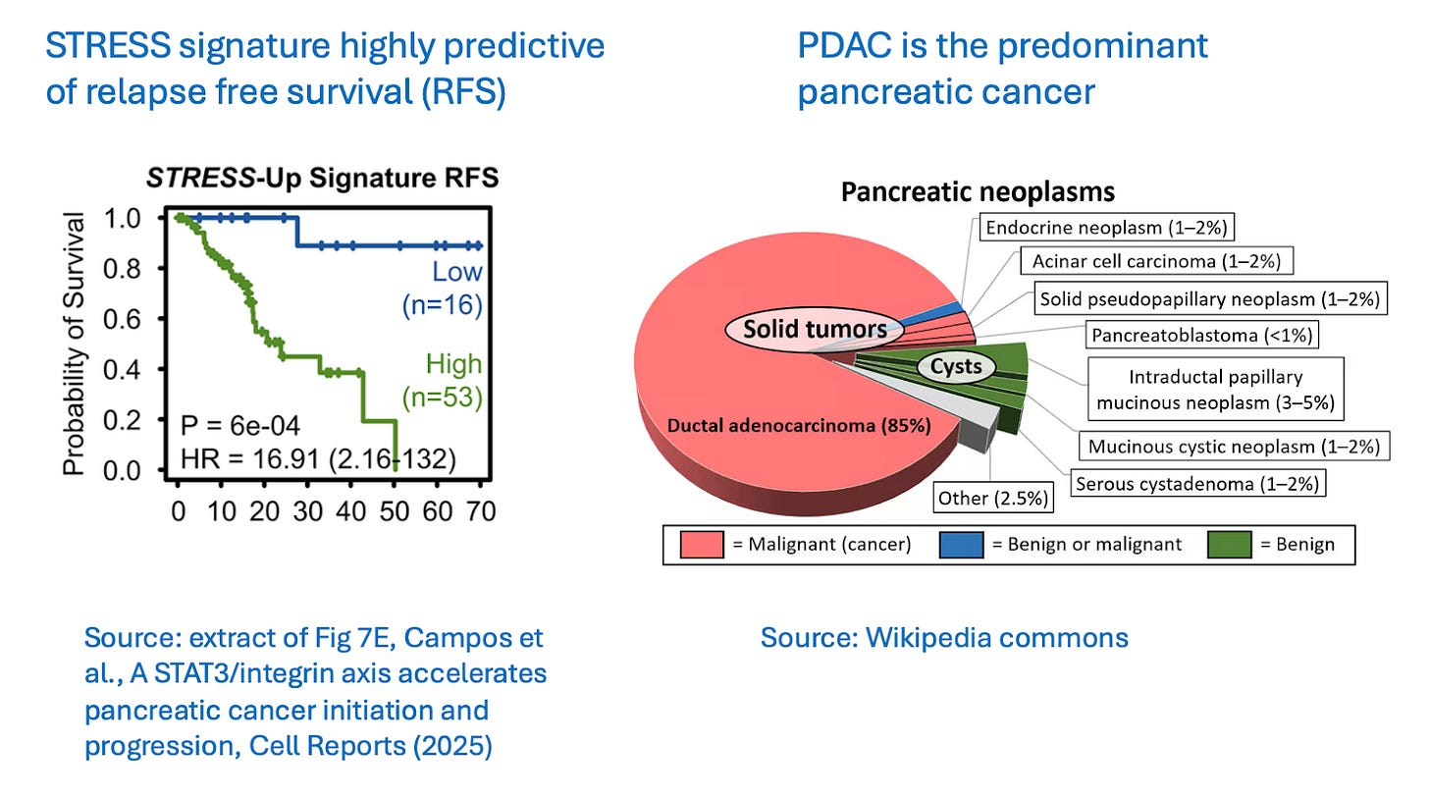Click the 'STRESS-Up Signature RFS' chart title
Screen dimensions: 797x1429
tap(322, 179)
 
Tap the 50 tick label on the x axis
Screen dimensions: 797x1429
tap(395, 511)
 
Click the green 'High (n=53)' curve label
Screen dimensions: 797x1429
tap(442, 381)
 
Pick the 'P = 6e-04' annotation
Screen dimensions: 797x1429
tap(234, 425)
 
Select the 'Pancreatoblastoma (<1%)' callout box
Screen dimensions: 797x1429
tap(1202, 335)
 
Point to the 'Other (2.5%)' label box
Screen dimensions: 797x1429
tap(990, 498)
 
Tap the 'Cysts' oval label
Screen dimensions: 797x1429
tap(956, 368)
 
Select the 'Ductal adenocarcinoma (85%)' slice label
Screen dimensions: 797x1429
tap(799, 425)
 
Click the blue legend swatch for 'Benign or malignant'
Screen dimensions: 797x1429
tap(969, 544)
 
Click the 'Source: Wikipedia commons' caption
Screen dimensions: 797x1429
tap(944, 638)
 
